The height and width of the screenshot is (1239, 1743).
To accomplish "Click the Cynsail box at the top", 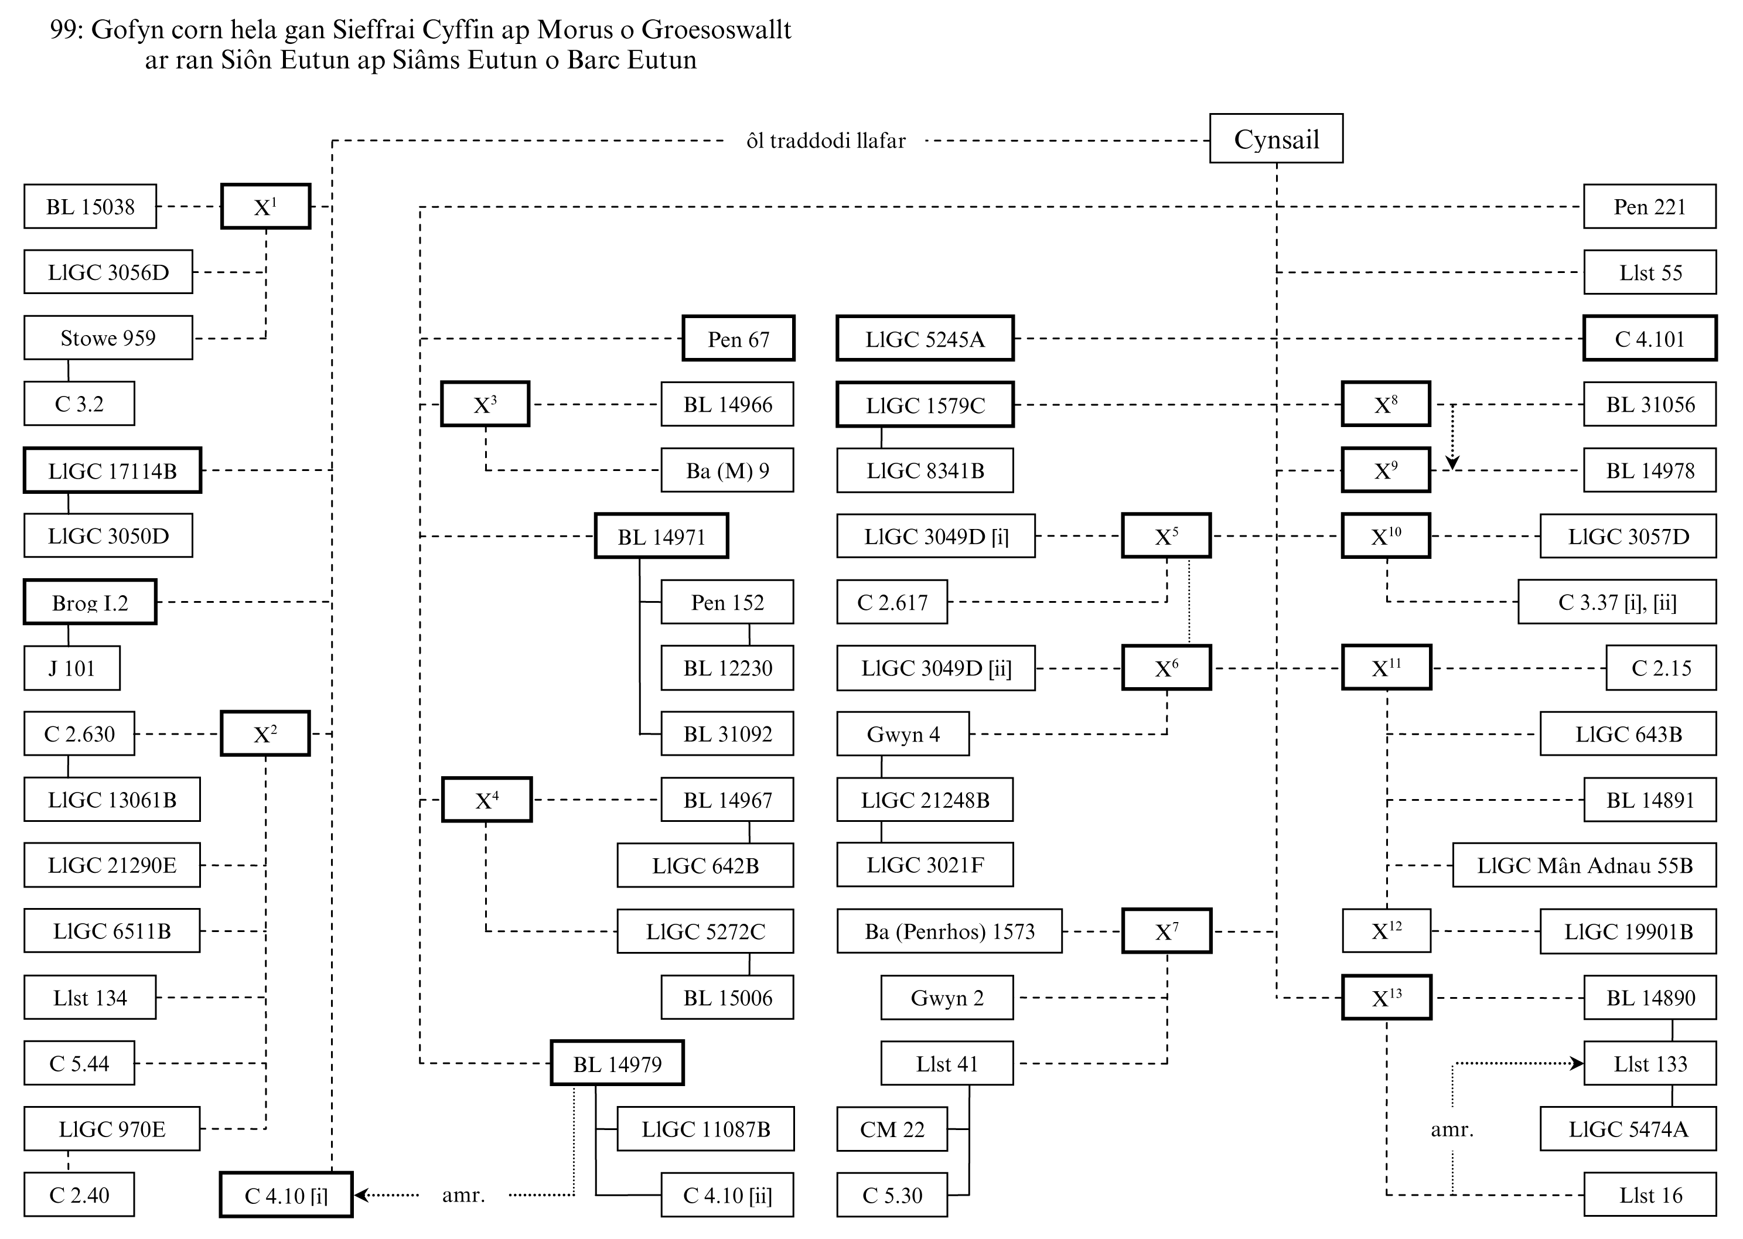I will [x=1275, y=139].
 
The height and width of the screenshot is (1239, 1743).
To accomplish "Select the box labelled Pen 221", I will [x=1649, y=207].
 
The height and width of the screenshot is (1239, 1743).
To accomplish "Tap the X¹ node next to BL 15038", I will [x=265, y=207].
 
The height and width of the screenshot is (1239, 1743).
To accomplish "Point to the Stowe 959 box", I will [x=108, y=338].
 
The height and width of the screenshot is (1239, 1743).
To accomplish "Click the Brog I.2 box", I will [x=90, y=603].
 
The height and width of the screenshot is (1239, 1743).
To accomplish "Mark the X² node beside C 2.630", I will [x=265, y=734].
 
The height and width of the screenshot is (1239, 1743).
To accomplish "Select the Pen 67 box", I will [x=738, y=339].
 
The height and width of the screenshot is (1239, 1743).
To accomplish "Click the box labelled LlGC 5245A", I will [x=925, y=339].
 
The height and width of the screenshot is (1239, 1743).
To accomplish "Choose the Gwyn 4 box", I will [x=903, y=734].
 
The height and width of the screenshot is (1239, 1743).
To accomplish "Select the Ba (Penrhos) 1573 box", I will [x=949, y=931].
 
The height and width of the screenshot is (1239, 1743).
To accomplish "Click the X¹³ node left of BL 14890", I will [x=1386, y=998].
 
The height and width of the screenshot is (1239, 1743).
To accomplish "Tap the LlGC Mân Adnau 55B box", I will [x=1584, y=866].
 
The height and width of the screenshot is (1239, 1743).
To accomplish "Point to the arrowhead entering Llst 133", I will [x=1577, y=1063].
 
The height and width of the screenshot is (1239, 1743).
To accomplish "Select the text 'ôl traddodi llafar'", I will [x=826, y=141].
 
